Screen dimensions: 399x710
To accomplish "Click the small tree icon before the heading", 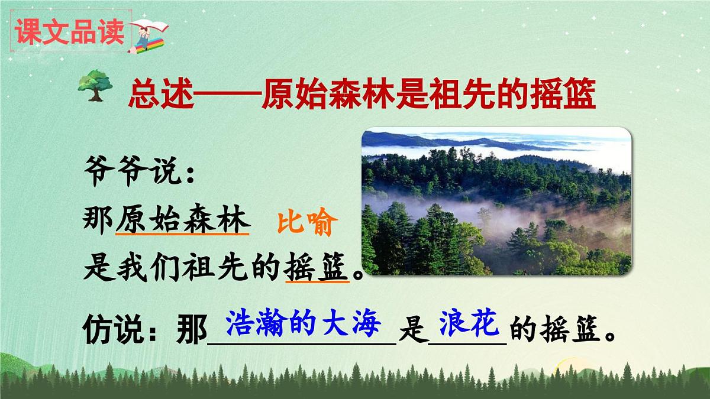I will pyautogui.click(x=95, y=85).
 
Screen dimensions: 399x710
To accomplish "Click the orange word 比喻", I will pyautogui.click(x=307, y=225).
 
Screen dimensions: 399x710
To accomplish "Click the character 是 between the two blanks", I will pyautogui.click(x=413, y=332).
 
